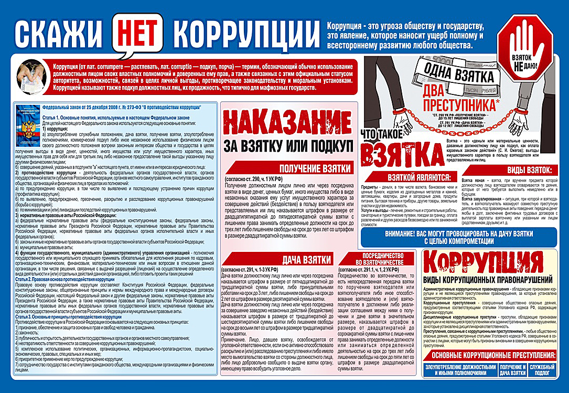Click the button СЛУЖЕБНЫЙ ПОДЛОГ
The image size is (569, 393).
(541, 370)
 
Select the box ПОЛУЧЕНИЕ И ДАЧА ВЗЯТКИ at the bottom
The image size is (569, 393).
(512, 370)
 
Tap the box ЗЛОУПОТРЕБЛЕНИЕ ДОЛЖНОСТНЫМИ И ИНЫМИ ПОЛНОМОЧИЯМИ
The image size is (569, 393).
(460, 370)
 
